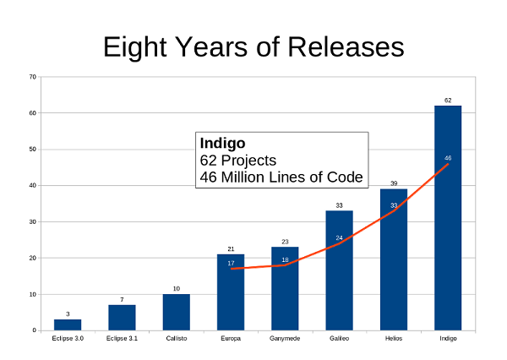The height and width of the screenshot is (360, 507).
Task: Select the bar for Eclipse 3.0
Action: coord(68,325)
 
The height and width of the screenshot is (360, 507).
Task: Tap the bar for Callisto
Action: coord(177,312)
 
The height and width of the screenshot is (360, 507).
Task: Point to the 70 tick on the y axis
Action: coord(32,77)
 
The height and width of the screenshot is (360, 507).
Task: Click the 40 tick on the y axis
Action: coord(32,185)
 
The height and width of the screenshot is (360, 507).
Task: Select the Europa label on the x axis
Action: coord(230,339)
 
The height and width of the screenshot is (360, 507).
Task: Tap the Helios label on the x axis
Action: coord(393,339)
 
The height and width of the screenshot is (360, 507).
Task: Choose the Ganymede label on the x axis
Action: coord(285,339)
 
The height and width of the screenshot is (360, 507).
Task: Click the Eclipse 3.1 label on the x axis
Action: coord(122,339)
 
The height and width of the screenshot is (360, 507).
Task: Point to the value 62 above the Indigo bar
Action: coord(448,100)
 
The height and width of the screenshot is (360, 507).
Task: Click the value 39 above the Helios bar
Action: coord(393,183)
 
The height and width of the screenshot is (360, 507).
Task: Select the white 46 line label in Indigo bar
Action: coord(448,158)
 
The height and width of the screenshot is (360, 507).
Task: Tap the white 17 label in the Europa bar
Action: coord(231,264)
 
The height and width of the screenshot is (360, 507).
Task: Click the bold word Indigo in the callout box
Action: coord(222,142)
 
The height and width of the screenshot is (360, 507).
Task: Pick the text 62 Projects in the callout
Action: coord(238,160)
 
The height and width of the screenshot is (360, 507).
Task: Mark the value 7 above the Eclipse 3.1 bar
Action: coord(122,299)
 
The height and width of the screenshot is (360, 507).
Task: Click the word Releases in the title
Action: coord(344,48)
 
